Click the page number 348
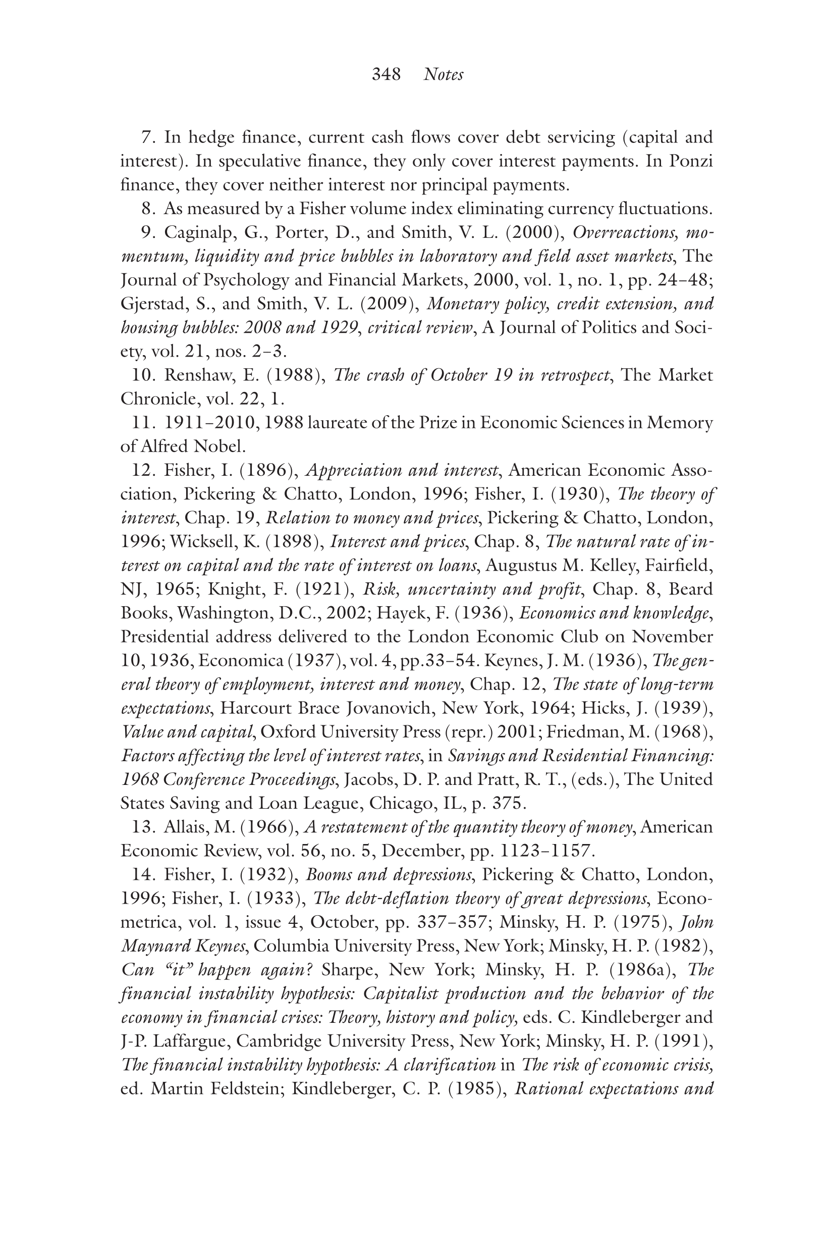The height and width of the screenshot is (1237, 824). pos(386,74)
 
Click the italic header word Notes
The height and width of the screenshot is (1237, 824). pos(443,74)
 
